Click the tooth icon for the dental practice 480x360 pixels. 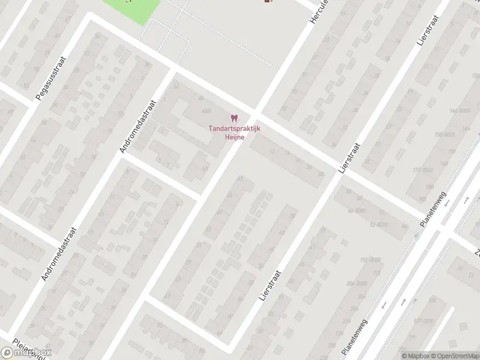pyautogui.click(x=234, y=118)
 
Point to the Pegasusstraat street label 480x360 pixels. pyautogui.click(x=50, y=79)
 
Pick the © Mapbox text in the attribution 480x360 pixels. pyautogui.click(x=415, y=356)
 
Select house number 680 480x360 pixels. pyautogui.click(x=206, y=112)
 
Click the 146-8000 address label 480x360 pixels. pyautogui.click(x=459, y=111)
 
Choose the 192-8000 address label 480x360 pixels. pyautogui.click(x=370, y=260)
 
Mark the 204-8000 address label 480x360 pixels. pyautogui.click(x=357, y=283)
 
